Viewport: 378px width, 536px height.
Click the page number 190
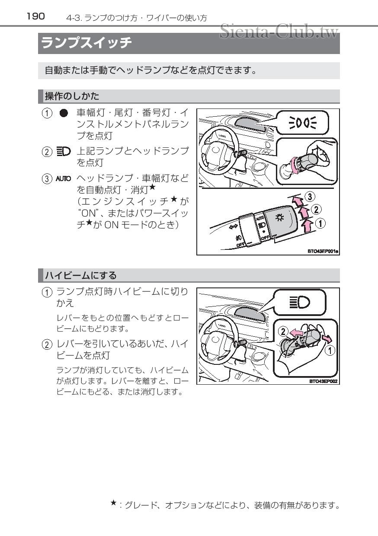click(x=35, y=16)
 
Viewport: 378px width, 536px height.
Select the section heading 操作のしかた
click(x=72, y=96)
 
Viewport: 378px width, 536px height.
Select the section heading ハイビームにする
click(x=81, y=275)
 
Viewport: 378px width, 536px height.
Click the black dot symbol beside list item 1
click(x=64, y=113)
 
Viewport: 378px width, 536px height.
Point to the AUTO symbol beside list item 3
click(x=63, y=179)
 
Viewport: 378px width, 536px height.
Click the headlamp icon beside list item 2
click(x=63, y=152)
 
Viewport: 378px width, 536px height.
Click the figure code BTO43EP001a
click(x=323, y=251)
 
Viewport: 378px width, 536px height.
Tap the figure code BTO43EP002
click(x=323, y=381)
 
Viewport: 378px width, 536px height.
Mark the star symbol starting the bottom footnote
click(x=113, y=503)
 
